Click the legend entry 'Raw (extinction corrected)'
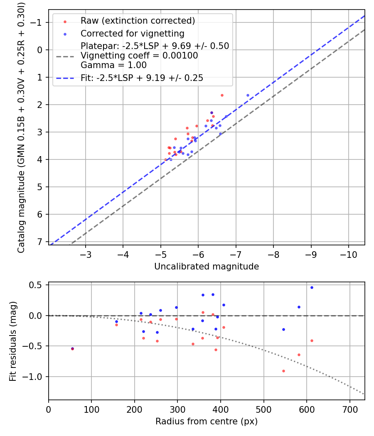pos(138,21)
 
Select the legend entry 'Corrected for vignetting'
pos(132,33)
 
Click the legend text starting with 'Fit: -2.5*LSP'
pos(142,78)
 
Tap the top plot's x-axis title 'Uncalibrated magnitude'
pos(207,267)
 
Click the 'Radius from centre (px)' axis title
pos(207,421)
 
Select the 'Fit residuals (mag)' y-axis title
pos(13,341)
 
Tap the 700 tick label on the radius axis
pos(350,409)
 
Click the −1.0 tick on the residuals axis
pos(37,377)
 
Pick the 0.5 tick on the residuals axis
pos(39,285)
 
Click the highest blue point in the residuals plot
pos(312,287)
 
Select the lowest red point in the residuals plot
pos(283,371)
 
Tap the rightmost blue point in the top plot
pos(248,95)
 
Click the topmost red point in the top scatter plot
pos(222,95)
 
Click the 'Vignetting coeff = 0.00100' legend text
pos(139,56)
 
